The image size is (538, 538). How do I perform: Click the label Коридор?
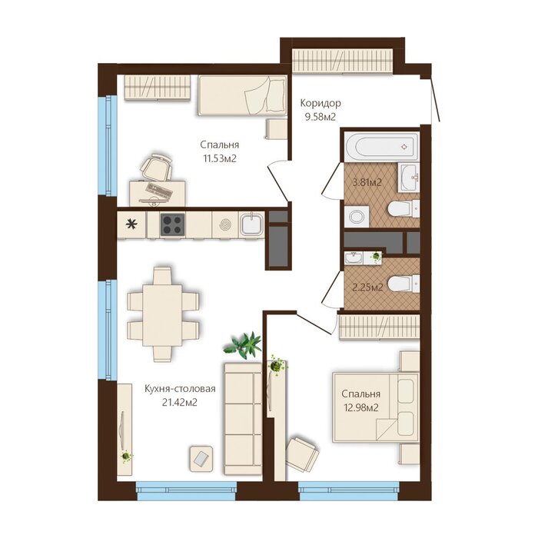tap(320, 103)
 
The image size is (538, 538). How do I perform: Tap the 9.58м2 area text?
tap(320, 117)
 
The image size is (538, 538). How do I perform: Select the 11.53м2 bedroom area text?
tap(220, 158)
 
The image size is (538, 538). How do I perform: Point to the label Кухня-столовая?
tap(180, 388)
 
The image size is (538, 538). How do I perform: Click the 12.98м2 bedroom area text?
tap(361, 407)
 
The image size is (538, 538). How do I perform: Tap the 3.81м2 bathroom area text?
tap(367, 183)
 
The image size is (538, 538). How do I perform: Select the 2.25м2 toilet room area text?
tap(367, 287)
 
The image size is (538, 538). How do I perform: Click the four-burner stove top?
tap(173, 224)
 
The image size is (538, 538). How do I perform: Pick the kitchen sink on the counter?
tap(251, 224)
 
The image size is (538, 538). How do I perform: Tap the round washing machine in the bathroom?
tap(357, 217)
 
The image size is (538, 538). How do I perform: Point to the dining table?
tap(162, 315)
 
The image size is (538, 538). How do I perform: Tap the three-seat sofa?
tap(243, 420)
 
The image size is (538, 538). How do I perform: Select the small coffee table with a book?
tap(201, 458)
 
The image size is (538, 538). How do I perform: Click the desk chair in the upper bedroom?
tap(157, 167)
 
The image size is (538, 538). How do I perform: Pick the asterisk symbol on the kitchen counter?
tap(131, 224)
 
